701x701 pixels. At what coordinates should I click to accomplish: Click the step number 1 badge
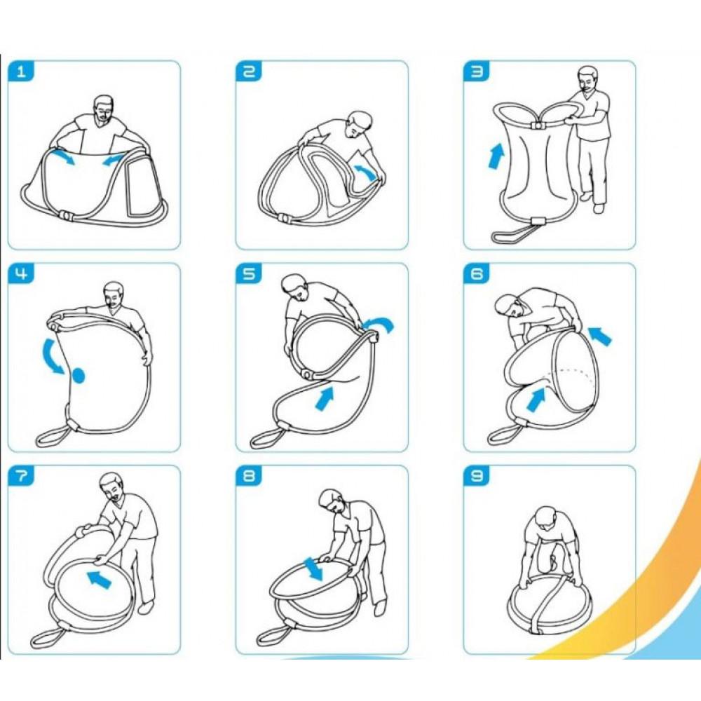(x=20, y=72)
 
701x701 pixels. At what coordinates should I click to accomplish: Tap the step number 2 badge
(x=249, y=72)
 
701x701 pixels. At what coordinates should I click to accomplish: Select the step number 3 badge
(x=477, y=72)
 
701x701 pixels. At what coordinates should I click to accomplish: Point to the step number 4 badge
(x=20, y=273)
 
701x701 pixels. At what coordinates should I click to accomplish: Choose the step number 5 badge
(x=249, y=273)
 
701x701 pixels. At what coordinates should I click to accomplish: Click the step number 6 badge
(x=477, y=273)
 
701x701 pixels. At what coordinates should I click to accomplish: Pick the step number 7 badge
(x=20, y=476)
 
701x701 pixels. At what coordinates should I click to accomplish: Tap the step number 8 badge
(x=249, y=476)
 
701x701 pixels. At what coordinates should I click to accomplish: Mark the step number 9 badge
(x=477, y=476)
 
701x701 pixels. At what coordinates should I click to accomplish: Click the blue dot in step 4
(x=79, y=376)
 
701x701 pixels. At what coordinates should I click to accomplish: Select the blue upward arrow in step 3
(x=496, y=156)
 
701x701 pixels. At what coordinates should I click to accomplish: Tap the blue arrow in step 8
(x=313, y=569)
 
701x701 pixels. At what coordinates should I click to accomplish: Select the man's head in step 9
(x=545, y=519)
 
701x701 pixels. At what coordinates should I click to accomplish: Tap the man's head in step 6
(x=510, y=309)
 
